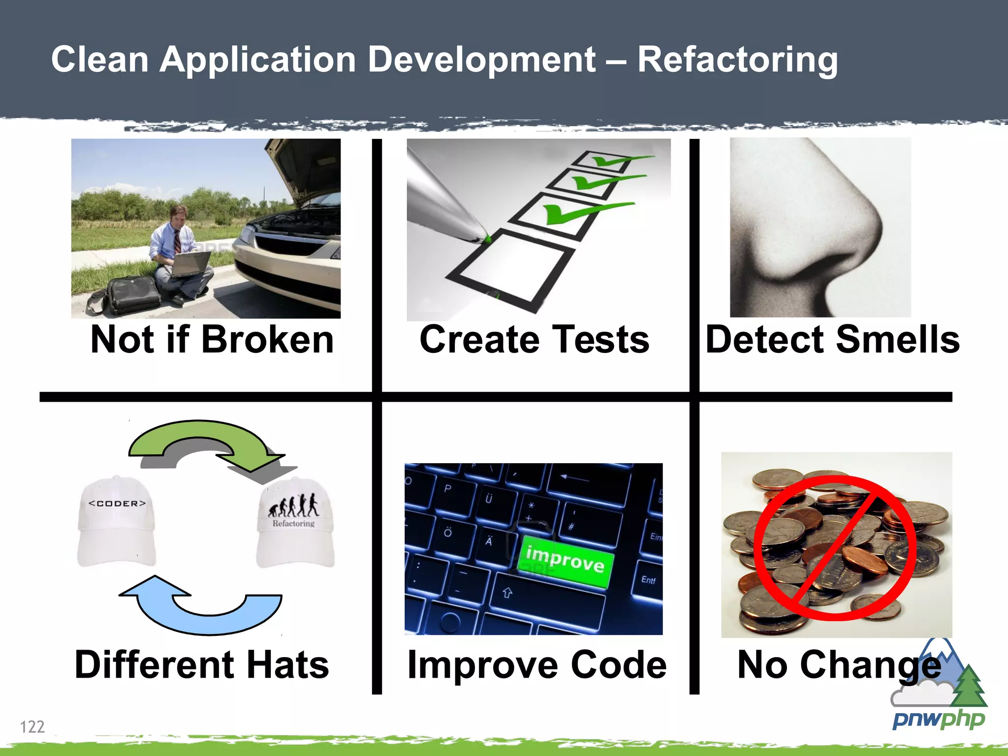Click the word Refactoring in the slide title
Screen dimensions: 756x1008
point(737,60)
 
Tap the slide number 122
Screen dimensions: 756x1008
point(32,726)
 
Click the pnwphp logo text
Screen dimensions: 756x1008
point(938,720)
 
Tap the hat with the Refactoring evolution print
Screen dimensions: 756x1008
point(296,524)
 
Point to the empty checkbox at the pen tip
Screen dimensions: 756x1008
point(512,268)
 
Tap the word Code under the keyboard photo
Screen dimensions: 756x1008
point(618,664)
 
